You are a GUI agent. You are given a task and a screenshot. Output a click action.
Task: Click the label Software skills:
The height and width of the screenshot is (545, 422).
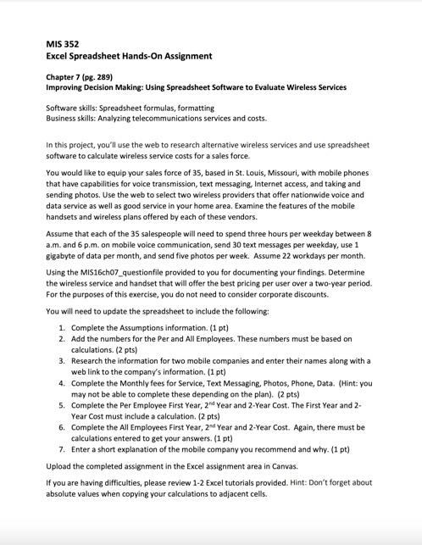tap(72, 108)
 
